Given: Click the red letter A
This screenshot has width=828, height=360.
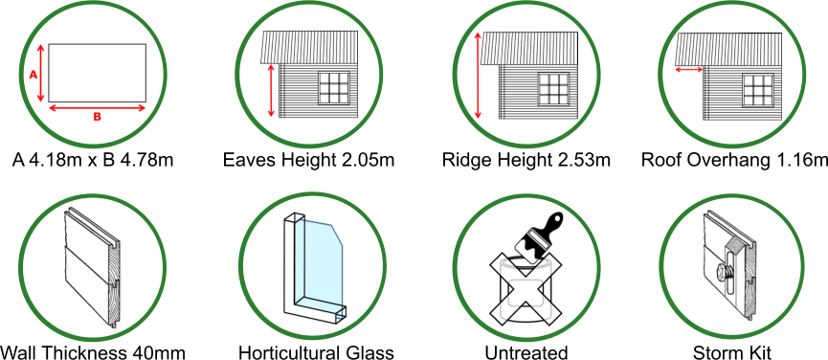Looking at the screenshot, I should click(x=34, y=75).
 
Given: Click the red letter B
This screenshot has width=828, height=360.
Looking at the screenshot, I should click(x=97, y=117).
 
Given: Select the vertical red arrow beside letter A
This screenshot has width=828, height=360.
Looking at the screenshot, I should click(x=41, y=73).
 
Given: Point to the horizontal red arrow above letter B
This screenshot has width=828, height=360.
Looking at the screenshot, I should click(x=97, y=108).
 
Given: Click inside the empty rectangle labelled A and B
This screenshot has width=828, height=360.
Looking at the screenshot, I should click(x=97, y=72).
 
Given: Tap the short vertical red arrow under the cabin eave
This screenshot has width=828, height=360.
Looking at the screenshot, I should click(x=271, y=91).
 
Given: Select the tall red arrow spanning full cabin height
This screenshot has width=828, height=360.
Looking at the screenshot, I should click(x=478, y=76).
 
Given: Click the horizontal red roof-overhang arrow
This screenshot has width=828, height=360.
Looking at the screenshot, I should click(x=689, y=69).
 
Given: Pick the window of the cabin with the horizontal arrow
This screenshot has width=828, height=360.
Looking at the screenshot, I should click(x=757, y=89).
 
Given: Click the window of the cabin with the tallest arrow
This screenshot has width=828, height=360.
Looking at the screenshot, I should click(x=552, y=88).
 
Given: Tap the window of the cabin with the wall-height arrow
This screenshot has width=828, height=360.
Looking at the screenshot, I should click(x=334, y=87).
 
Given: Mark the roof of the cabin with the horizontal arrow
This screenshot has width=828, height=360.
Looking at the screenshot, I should click(x=727, y=49).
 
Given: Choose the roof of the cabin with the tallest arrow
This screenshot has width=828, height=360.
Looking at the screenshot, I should click(x=529, y=48).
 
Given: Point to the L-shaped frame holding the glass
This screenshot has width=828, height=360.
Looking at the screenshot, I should click(x=291, y=278).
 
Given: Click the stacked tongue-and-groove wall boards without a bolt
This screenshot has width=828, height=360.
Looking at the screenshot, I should click(x=90, y=268).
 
